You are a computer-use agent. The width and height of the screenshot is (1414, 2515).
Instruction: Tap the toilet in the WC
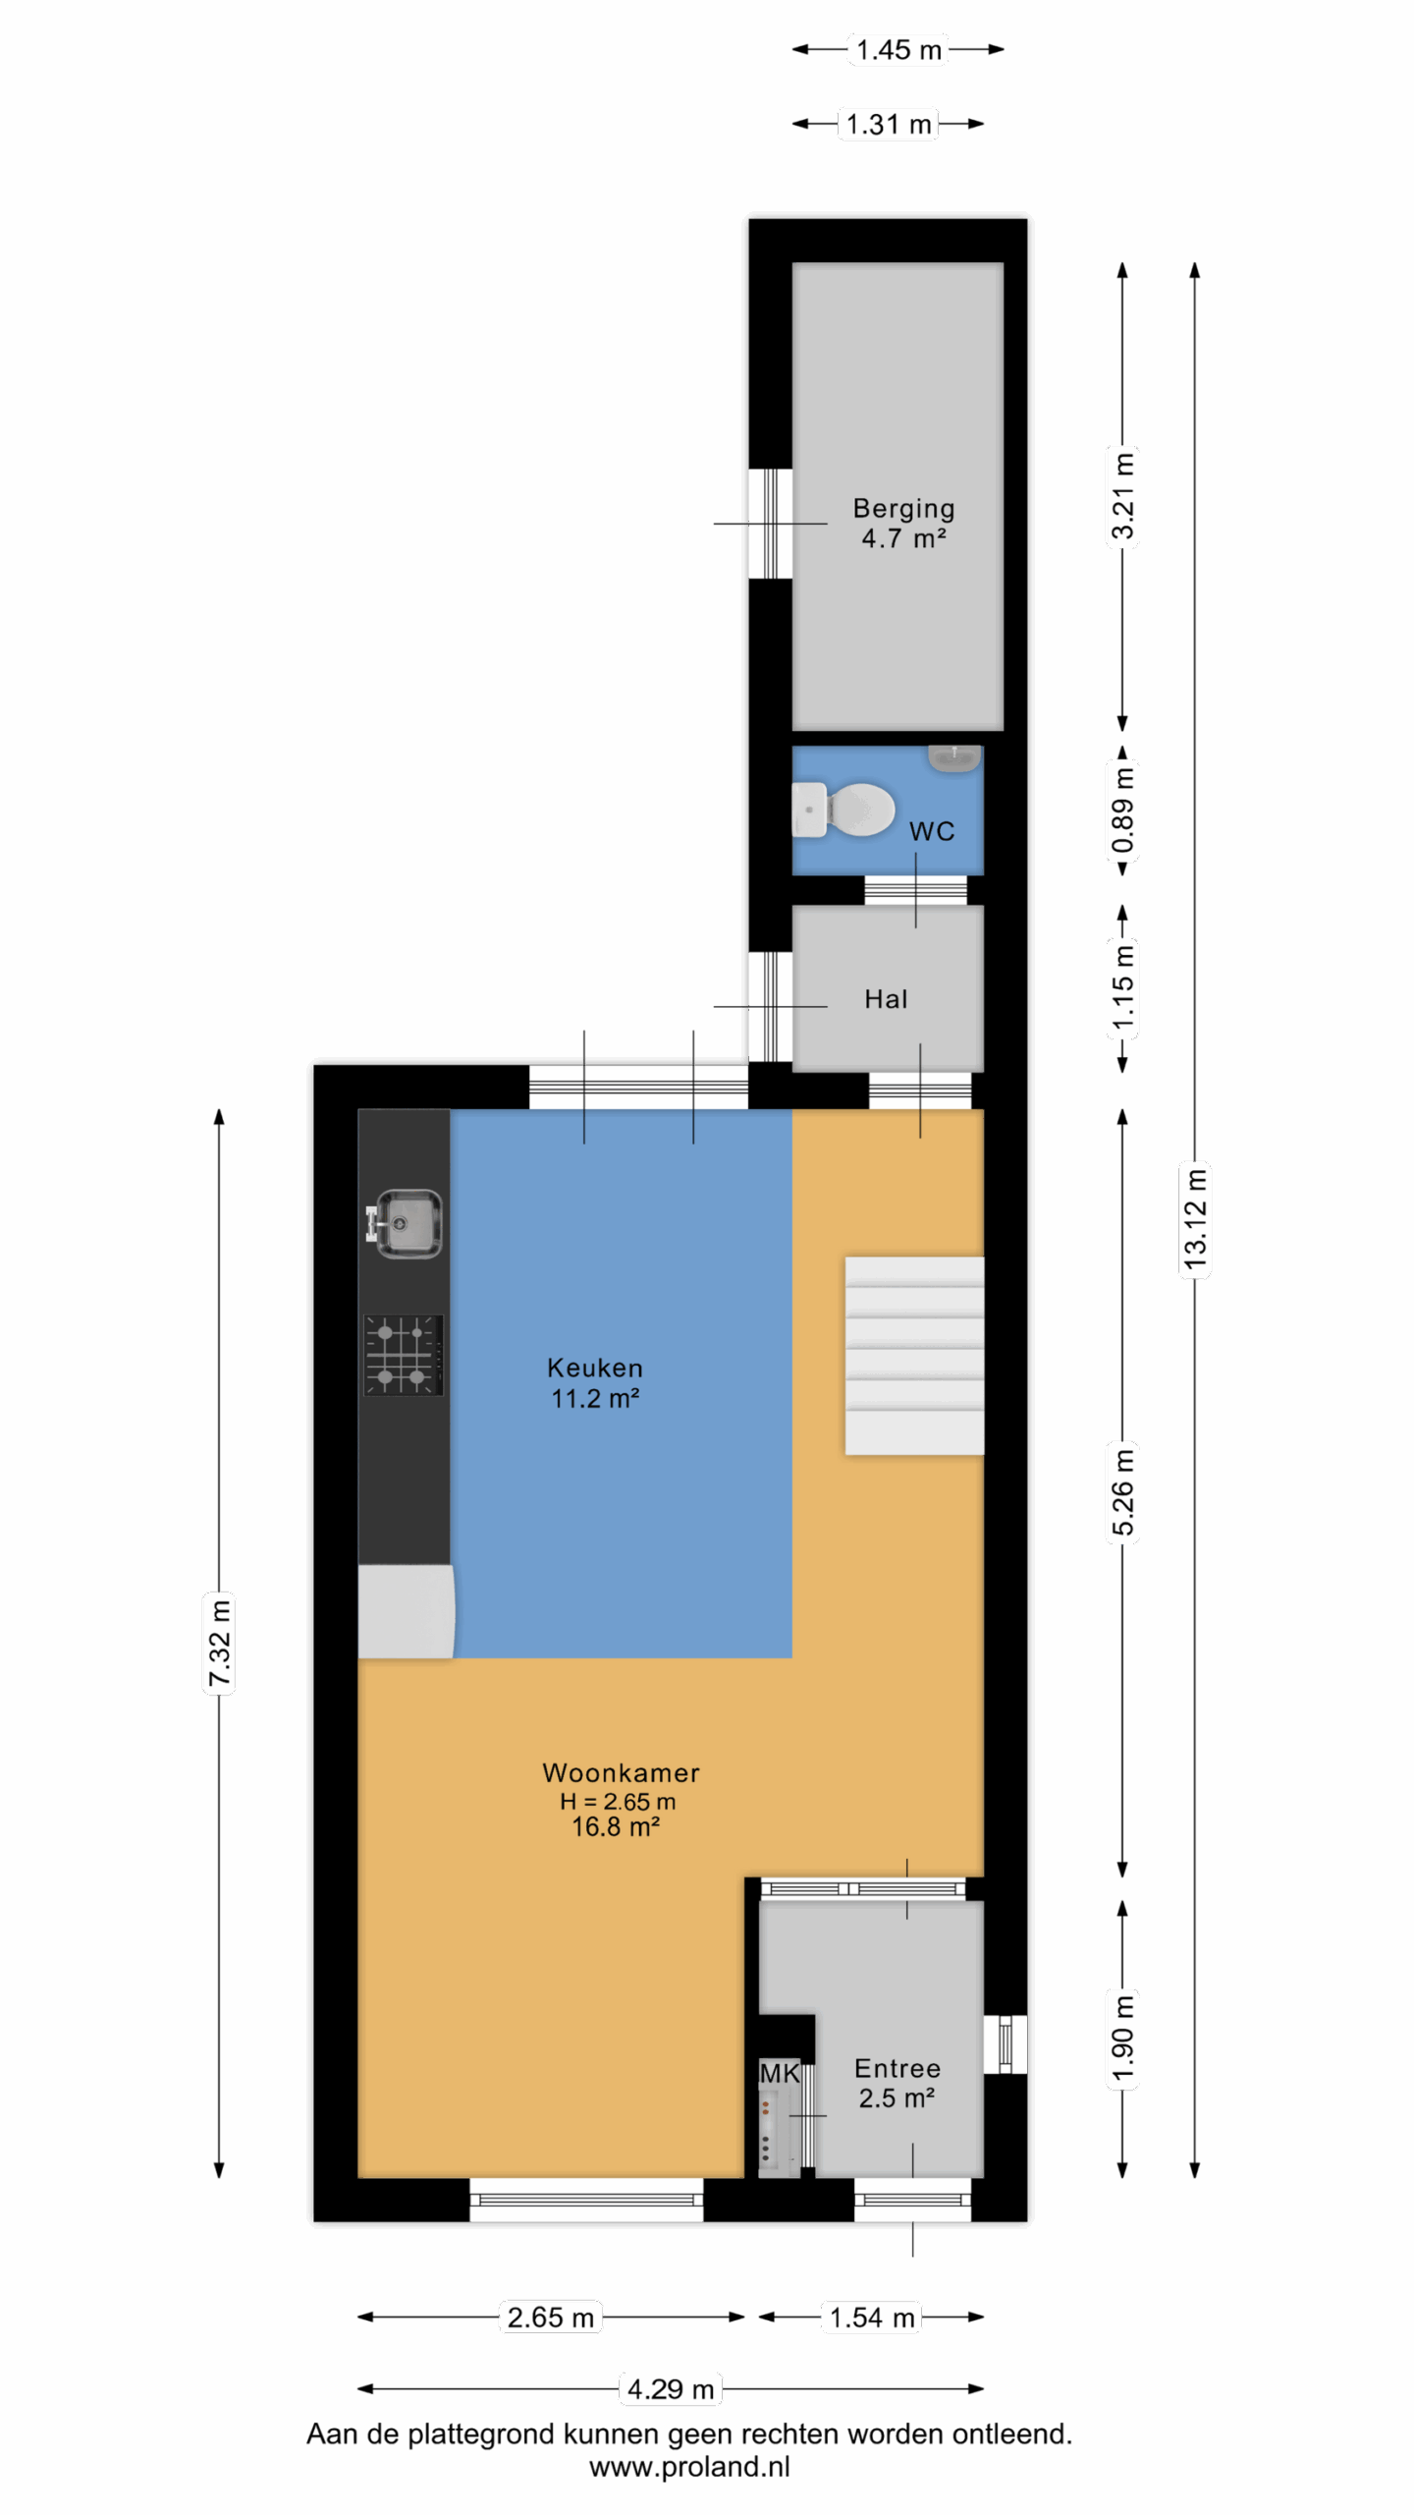click(x=843, y=810)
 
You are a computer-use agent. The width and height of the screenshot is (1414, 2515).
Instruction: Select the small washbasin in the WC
click(x=954, y=757)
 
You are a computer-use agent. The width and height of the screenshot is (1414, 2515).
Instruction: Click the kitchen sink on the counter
click(x=405, y=1223)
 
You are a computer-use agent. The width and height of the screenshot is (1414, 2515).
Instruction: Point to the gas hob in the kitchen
click(x=404, y=1355)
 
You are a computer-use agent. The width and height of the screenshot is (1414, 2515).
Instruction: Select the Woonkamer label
click(x=621, y=1772)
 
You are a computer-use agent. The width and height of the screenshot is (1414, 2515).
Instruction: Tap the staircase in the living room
click(x=914, y=1355)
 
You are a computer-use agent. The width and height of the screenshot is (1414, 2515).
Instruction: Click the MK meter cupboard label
click(x=780, y=2073)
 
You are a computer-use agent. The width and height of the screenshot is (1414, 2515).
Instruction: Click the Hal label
click(x=886, y=999)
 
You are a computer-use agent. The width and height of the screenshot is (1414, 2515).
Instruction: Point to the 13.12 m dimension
click(x=1195, y=1219)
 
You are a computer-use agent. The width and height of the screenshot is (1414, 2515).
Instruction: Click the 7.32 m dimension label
click(x=219, y=1643)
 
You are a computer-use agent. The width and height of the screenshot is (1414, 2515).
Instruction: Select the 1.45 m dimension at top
click(x=898, y=49)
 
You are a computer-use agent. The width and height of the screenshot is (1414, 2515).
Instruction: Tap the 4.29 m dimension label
click(x=671, y=2388)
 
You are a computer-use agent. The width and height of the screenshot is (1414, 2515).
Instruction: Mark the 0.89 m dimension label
click(x=1122, y=810)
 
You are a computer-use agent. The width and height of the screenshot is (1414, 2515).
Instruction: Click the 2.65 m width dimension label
click(x=551, y=2317)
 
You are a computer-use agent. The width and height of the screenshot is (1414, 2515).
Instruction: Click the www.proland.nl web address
click(x=689, y=2467)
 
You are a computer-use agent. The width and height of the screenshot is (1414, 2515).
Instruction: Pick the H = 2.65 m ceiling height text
click(x=618, y=1801)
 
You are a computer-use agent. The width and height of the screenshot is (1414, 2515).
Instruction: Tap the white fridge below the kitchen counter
click(x=406, y=1611)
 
